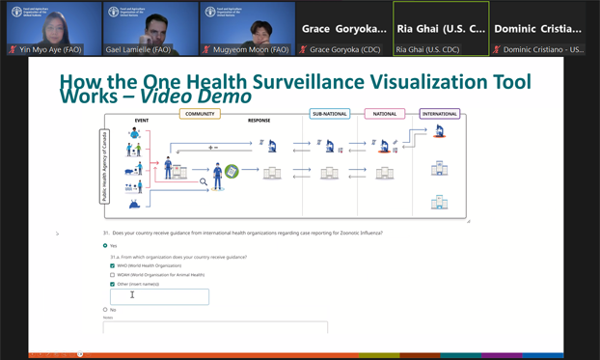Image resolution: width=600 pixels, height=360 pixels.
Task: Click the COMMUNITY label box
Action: tap(200, 114)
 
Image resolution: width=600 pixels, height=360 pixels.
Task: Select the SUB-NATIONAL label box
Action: tap(329, 114)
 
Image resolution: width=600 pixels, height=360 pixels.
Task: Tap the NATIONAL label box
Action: tap(384, 114)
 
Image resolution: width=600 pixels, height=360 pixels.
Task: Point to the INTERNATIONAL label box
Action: tap(439, 114)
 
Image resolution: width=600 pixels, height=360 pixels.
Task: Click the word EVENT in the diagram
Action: tap(142, 121)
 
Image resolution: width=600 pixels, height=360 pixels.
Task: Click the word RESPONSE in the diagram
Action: tap(259, 121)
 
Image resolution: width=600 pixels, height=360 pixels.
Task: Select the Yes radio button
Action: tap(105, 246)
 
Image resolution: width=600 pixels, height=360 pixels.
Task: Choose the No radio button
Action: tap(105, 310)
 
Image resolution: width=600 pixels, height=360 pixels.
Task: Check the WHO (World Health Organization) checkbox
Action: tap(113, 265)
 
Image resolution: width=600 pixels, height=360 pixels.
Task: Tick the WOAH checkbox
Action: tap(113, 275)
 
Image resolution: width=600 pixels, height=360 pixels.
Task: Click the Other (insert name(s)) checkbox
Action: tap(113, 285)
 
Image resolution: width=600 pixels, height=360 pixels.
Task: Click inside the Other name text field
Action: tap(159, 296)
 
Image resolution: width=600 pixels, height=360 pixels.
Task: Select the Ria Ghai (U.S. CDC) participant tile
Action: tap(441, 29)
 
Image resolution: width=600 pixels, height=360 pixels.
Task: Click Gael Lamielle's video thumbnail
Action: tap(150, 28)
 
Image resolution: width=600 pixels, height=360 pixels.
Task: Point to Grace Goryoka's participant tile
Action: tap(343, 29)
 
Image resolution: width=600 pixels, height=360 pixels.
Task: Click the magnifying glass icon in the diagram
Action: tap(204, 181)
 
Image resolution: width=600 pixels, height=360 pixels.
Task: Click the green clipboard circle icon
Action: tap(232, 172)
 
